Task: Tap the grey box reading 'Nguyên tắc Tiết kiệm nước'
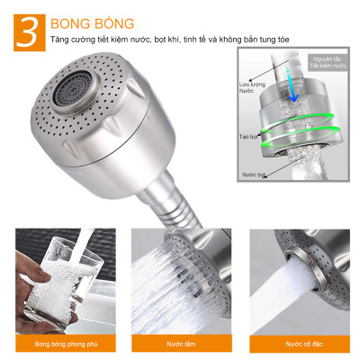(328, 63)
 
